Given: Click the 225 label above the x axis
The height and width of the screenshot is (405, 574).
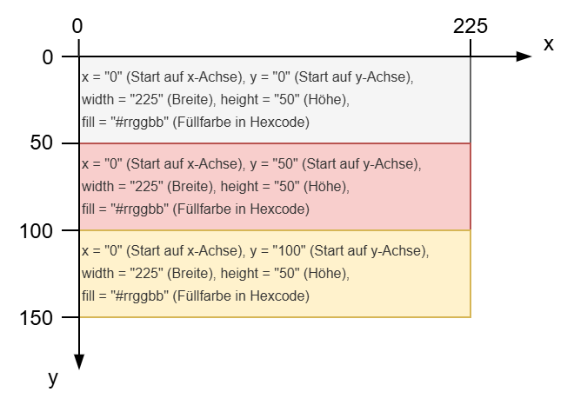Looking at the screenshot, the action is click(x=471, y=26).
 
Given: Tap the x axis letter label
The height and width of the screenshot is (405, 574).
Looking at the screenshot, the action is click(x=549, y=44).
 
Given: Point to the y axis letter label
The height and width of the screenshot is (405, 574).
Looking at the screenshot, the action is click(x=53, y=378).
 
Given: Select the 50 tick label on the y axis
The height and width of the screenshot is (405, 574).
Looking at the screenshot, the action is click(x=42, y=143).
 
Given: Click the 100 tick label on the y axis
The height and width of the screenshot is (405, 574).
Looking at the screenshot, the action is click(x=36, y=231).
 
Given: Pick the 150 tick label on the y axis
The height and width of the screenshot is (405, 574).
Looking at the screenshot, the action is click(x=36, y=318).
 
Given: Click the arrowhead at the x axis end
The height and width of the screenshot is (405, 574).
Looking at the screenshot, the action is click(x=524, y=56).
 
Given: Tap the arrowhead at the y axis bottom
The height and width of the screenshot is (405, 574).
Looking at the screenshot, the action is click(x=79, y=362).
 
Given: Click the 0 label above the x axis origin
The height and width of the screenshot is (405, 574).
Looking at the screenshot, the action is click(x=77, y=26).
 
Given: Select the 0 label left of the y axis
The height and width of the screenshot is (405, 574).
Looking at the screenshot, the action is click(x=48, y=57).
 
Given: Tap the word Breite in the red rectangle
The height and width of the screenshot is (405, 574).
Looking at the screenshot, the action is click(x=192, y=187).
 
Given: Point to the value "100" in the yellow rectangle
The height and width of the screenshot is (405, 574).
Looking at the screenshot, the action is click(x=290, y=251).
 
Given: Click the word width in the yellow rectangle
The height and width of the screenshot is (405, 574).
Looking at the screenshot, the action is click(x=97, y=274).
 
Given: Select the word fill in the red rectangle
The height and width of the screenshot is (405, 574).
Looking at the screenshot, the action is click(x=88, y=209).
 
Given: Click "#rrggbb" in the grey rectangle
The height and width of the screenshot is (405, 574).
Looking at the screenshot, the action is click(x=140, y=123).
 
